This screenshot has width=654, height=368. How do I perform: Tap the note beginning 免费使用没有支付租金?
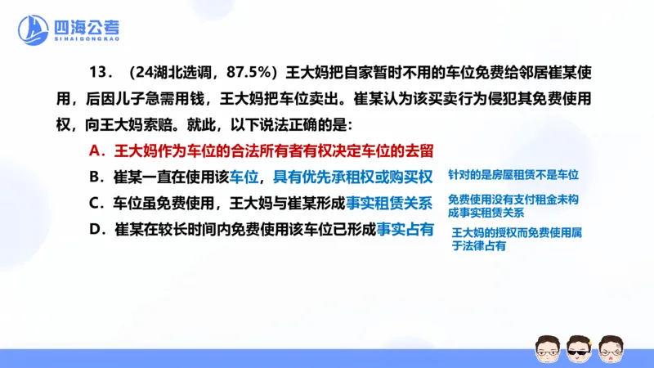[x=514, y=206]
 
